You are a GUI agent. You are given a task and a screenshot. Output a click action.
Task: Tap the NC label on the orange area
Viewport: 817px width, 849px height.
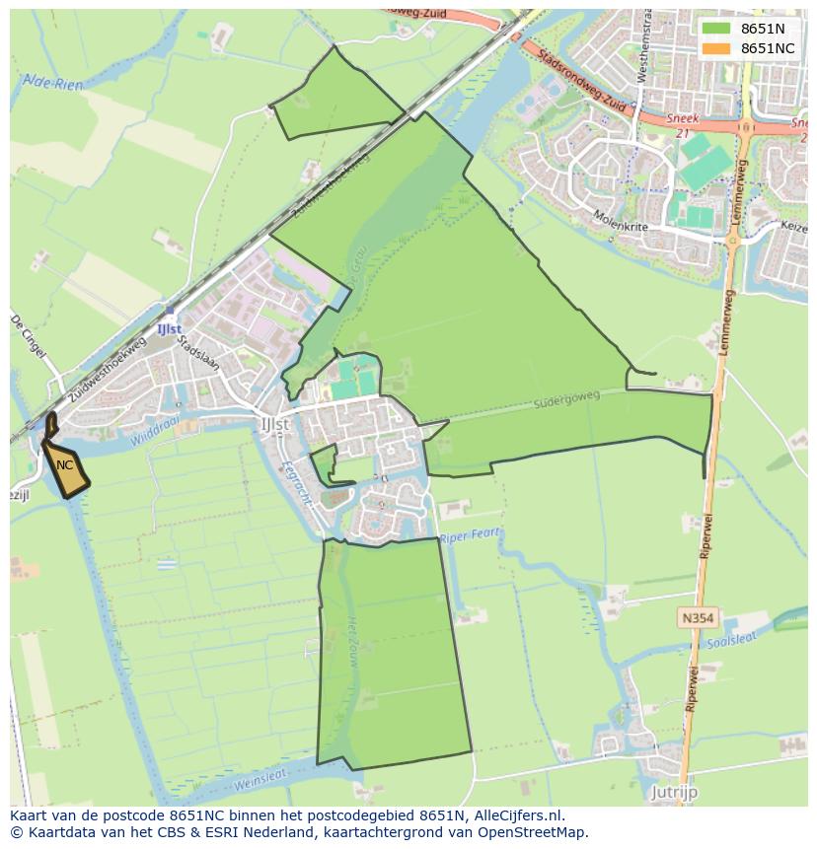65,465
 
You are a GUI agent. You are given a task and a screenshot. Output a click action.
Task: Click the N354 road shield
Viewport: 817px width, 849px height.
697,618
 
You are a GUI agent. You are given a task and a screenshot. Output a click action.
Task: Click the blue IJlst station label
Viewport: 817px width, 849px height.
169,328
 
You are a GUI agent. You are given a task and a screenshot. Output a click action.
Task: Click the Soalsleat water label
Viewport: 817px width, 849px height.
731,642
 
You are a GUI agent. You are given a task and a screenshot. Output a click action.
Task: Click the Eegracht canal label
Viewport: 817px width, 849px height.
296,483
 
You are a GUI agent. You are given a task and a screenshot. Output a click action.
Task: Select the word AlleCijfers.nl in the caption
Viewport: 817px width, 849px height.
516,815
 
